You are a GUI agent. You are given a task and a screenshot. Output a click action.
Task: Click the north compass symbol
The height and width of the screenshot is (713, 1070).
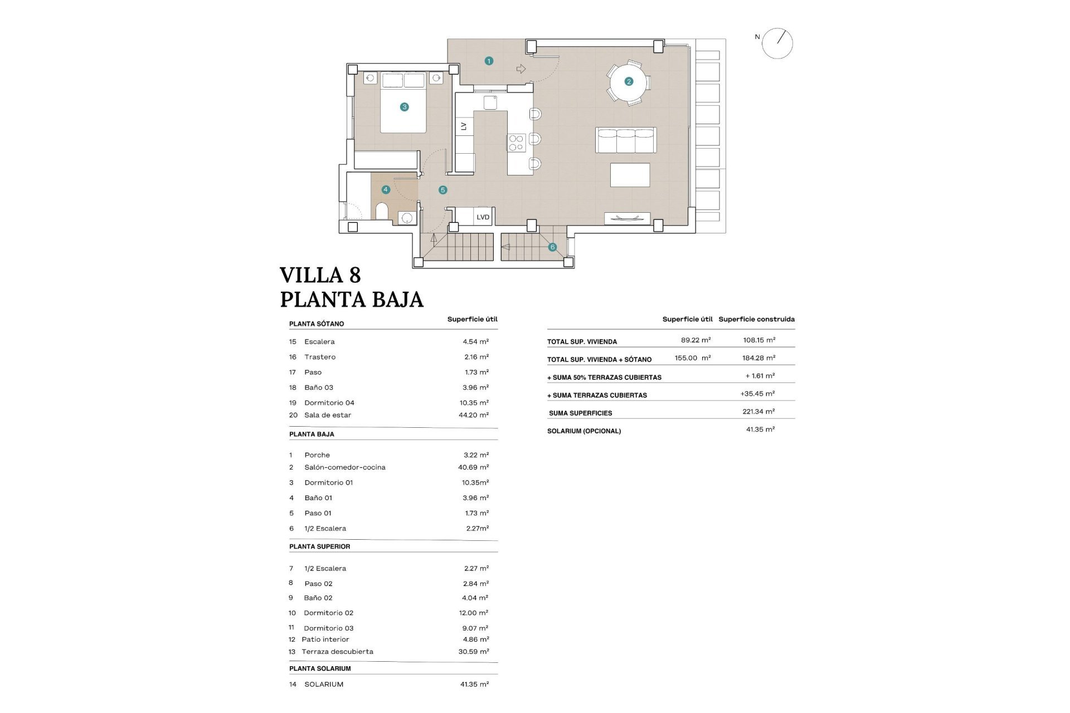pyautogui.click(x=777, y=43)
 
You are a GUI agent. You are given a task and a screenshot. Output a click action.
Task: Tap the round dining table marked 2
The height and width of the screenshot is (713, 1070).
pyautogui.click(x=629, y=82)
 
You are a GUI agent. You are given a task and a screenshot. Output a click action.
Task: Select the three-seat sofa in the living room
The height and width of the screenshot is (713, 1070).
pyautogui.click(x=626, y=140)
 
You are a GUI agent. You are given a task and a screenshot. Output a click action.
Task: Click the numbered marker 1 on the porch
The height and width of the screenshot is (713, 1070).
pyautogui.click(x=489, y=61)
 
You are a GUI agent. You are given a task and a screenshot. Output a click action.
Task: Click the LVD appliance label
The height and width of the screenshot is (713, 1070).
pyautogui.click(x=483, y=217)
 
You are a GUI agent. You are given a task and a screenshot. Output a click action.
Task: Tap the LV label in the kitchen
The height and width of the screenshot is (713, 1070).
pyautogui.click(x=464, y=126)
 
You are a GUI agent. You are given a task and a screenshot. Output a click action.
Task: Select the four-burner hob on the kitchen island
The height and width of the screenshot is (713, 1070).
pyautogui.click(x=516, y=143)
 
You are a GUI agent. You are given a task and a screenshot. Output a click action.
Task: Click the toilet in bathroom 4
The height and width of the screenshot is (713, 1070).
pyautogui.click(x=382, y=212)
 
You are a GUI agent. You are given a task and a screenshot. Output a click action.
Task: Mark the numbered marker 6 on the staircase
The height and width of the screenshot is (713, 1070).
pyautogui.click(x=552, y=247)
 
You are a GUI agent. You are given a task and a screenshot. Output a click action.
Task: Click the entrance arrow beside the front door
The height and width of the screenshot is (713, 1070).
pyautogui.click(x=521, y=69)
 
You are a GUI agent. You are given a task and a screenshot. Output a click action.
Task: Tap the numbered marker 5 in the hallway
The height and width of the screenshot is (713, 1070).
pyautogui.click(x=442, y=190)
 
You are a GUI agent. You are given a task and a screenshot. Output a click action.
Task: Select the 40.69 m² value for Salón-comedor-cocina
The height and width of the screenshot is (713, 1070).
pyautogui.click(x=473, y=467)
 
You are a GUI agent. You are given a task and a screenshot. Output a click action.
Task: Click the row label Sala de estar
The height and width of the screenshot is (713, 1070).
pyautogui.click(x=327, y=415)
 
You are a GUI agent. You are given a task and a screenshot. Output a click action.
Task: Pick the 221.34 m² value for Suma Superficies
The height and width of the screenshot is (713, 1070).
pyautogui.click(x=758, y=412)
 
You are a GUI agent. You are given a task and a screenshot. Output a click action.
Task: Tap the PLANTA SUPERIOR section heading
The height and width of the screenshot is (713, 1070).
pyautogui.click(x=319, y=546)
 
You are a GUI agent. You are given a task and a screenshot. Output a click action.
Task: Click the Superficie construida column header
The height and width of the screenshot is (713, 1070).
pyautogui.click(x=756, y=319)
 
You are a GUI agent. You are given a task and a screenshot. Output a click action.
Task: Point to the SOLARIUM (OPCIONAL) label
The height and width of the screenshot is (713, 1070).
pyautogui.click(x=583, y=431)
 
